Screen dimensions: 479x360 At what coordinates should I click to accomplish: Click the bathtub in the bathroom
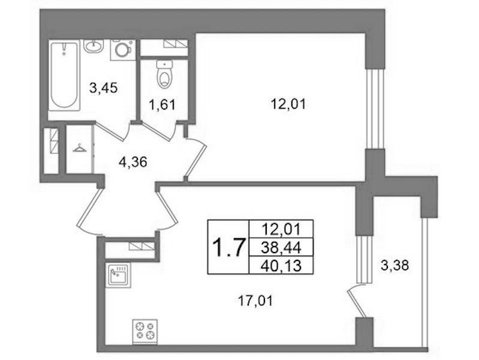(x=65, y=75)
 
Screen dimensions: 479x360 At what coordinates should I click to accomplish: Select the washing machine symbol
(x=123, y=49)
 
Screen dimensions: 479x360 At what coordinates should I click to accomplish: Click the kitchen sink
(x=118, y=275)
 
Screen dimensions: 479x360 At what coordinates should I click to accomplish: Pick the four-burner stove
(x=145, y=331)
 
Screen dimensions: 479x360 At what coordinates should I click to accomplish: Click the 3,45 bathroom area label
(x=103, y=88)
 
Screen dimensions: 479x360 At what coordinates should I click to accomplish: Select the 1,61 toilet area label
(x=162, y=105)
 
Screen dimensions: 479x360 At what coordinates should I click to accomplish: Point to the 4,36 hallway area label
(x=133, y=162)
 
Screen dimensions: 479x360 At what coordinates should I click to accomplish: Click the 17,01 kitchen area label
(x=255, y=301)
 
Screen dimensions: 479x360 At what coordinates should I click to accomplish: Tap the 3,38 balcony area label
(x=395, y=265)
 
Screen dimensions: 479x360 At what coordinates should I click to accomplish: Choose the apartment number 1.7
(x=229, y=247)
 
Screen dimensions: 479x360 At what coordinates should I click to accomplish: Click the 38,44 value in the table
(x=281, y=247)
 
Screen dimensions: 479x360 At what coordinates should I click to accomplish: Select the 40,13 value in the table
(x=281, y=265)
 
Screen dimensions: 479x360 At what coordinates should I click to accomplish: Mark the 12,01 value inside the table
(x=281, y=229)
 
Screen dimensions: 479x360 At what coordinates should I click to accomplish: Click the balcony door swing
(x=357, y=301)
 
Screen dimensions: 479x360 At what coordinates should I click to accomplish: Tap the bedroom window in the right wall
(x=375, y=109)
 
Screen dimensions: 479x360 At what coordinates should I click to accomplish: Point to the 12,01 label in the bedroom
(x=288, y=104)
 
